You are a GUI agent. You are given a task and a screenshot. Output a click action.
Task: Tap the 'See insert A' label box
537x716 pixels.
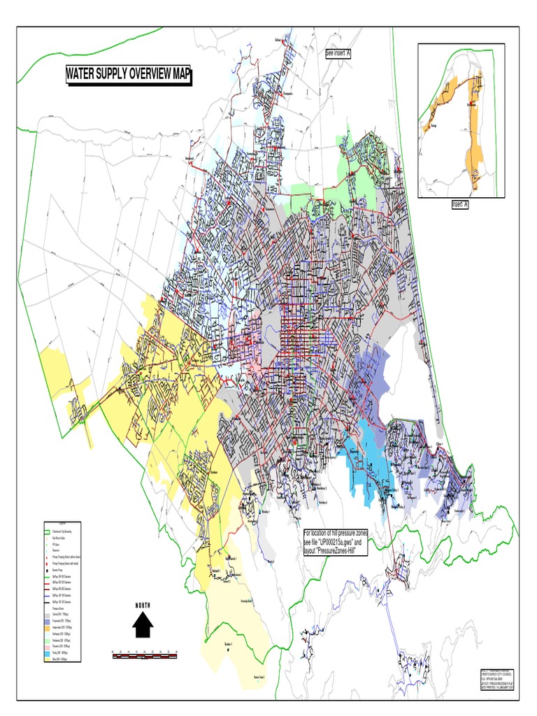click(x=338, y=53)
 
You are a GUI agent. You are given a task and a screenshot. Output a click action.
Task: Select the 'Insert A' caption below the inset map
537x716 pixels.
click(x=459, y=204)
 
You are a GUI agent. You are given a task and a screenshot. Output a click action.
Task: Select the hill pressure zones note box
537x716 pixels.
click(x=335, y=542)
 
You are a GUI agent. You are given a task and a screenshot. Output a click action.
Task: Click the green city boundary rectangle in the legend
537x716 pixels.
click(x=47, y=532)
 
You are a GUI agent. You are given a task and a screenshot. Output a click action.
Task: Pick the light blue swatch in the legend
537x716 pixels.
click(x=47, y=652)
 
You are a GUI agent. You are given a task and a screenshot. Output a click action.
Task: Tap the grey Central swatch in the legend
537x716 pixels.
click(x=47, y=615)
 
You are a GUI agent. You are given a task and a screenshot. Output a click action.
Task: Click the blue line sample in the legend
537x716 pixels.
click(x=47, y=596)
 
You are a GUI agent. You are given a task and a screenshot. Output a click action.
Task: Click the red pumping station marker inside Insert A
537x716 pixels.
click(x=471, y=104)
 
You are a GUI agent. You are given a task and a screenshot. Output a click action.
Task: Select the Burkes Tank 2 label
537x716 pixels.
click(x=259, y=678)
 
